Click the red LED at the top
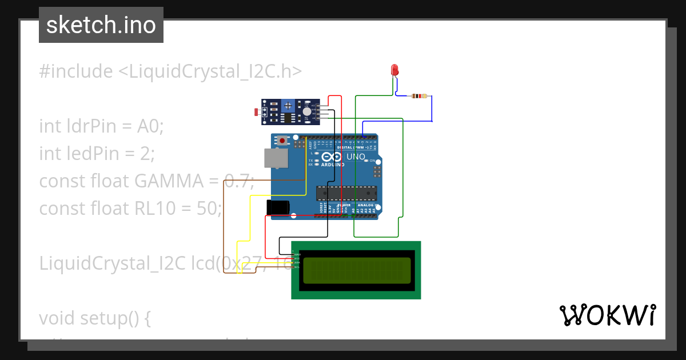[394, 70]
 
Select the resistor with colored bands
[419, 96]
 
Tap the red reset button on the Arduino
[283, 140]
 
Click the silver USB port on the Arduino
[277, 158]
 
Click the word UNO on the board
[356, 157]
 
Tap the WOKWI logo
[607, 315]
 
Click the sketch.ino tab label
[101, 25]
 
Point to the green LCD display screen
[356, 270]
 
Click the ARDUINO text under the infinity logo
[332, 165]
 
